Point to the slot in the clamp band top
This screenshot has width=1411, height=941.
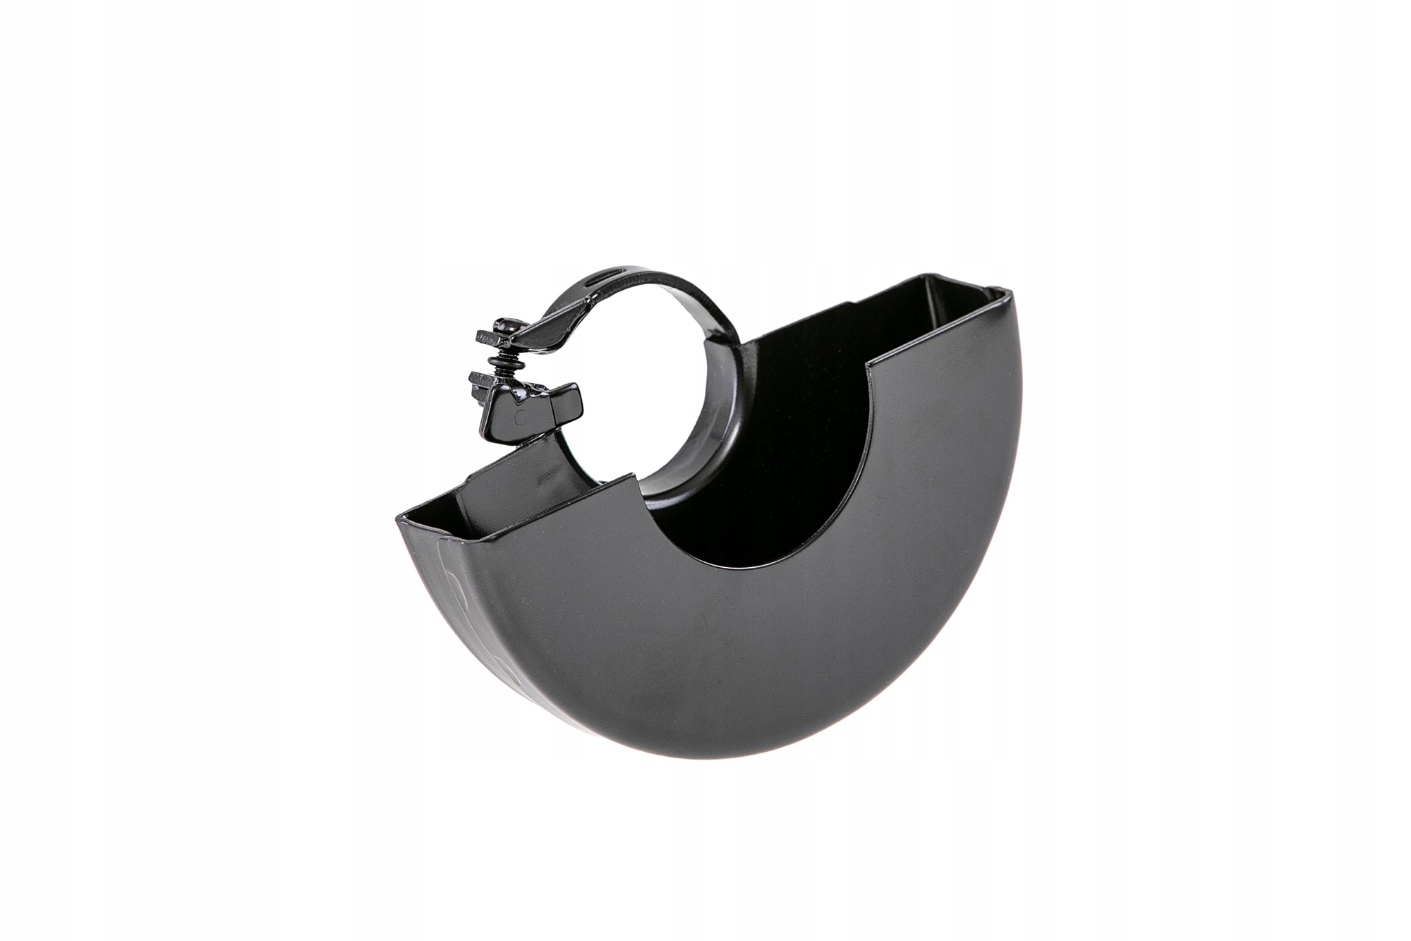coord(602,279)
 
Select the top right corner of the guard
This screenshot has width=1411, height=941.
coord(1007,290)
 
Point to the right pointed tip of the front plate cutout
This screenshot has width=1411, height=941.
coord(869,365)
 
